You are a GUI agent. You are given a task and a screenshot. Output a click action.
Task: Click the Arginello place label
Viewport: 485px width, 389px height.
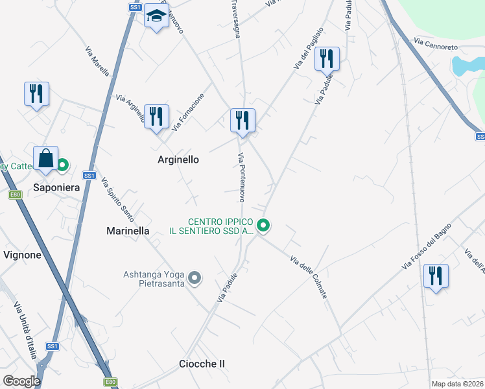tap(178, 159)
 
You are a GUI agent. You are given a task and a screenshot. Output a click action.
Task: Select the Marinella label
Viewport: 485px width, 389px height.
tap(128, 231)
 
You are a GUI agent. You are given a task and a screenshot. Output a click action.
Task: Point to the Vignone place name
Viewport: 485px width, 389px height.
tap(23, 255)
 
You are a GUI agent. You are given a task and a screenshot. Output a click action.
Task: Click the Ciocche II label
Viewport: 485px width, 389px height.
tap(202, 364)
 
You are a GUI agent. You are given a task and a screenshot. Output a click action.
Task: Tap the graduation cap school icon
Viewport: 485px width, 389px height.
tap(156, 16)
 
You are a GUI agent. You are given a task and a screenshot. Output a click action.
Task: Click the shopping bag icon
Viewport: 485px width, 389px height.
tap(46, 158)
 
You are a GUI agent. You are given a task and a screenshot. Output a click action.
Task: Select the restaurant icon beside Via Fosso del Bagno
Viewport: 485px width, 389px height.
tap(436, 276)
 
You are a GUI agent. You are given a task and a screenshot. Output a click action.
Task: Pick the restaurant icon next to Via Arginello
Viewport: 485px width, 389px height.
tap(156, 117)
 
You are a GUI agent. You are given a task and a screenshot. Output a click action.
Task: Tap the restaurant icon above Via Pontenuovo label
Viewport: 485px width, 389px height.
tap(242, 121)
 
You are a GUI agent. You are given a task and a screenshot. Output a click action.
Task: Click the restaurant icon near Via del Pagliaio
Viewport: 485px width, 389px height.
tap(327, 60)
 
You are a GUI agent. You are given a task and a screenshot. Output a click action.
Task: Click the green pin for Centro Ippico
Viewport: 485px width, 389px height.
tap(263, 226)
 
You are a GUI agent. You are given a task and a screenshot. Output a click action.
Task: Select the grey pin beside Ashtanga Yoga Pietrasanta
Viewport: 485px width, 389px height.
tap(195, 279)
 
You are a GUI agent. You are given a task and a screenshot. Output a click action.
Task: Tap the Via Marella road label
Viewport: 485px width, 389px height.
tap(97, 60)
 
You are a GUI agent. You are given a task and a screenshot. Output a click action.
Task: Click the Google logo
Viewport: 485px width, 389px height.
tap(21, 381)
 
